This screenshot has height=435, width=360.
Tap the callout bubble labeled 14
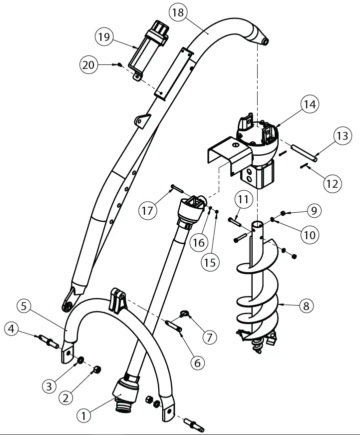coord(310,105)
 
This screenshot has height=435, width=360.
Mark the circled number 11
coord(243,201)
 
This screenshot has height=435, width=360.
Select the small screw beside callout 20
coord(120,64)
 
